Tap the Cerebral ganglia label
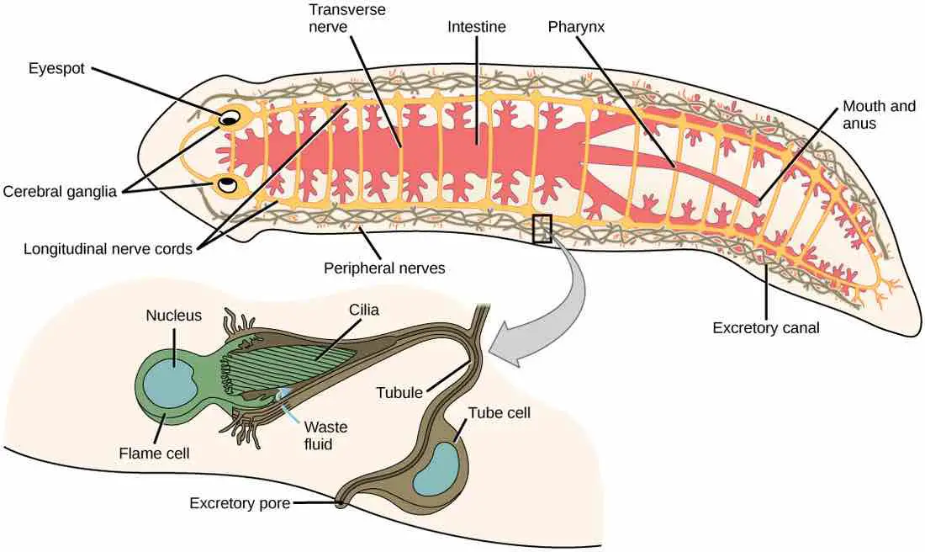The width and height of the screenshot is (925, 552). pos(65,191)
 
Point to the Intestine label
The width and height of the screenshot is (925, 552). pos(477,27)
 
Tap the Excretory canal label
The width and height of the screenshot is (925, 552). pos(765,327)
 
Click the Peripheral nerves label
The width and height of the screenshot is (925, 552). pos(384,269)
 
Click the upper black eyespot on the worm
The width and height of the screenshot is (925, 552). pos(228,119)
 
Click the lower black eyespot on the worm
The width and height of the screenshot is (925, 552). pos(226,183)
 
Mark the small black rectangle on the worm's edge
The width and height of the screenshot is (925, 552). pos(542,228)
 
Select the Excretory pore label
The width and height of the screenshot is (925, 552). pos(240,504)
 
